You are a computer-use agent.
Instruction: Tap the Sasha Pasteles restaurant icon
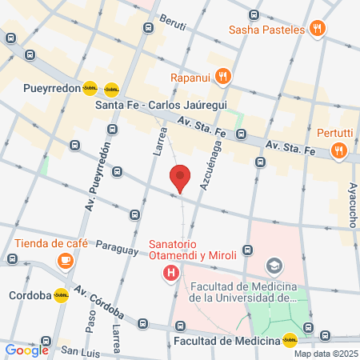[x=318, y=30]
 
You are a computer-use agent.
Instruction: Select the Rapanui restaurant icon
[x=223, y=78]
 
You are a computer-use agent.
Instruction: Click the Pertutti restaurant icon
[x=340, y=150]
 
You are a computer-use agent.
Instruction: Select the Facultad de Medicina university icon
[x=274, y=265]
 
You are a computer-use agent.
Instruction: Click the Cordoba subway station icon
[x=61, y=294]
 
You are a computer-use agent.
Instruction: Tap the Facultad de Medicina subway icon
[x=289, y=339]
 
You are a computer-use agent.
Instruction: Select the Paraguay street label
[x=117, y=249]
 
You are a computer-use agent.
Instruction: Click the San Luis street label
[x=80, y=351]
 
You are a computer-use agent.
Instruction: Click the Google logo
[x=26, y=350]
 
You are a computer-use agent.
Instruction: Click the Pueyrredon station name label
[x=52, y=89]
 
